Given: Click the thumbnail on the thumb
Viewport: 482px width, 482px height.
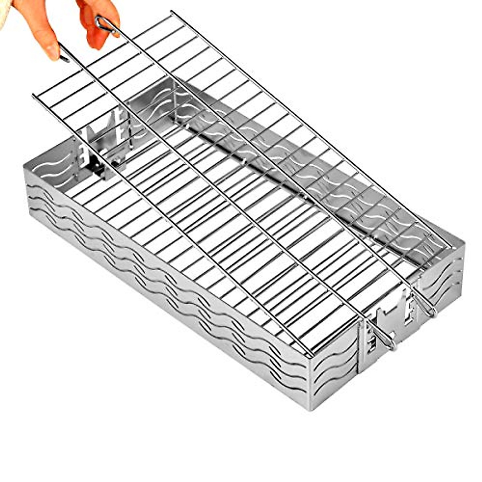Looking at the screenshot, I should coord(51,51).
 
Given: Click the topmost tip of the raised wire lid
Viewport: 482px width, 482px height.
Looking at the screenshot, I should coord(172,12).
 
